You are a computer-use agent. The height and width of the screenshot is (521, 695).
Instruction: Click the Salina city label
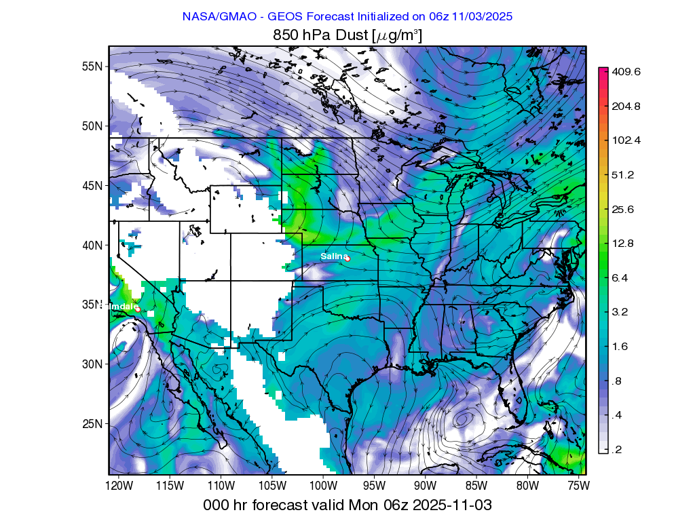click(333, 256)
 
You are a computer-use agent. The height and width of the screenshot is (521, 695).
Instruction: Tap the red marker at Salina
click(347, 258)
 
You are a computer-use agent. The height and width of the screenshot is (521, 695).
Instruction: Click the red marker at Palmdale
click(137, 309)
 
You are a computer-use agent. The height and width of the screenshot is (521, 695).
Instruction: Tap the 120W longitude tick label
click(118, 486)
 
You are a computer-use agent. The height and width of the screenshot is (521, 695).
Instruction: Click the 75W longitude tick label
click(578, 486)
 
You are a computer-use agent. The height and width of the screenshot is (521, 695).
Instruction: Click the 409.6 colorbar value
click(626, 72)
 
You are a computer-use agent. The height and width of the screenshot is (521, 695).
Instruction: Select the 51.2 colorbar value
click(624, 175)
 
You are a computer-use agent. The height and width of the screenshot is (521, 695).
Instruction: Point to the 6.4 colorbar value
click(620, 278)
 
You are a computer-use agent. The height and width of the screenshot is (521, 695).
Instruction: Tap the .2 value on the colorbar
click(616, 450)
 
